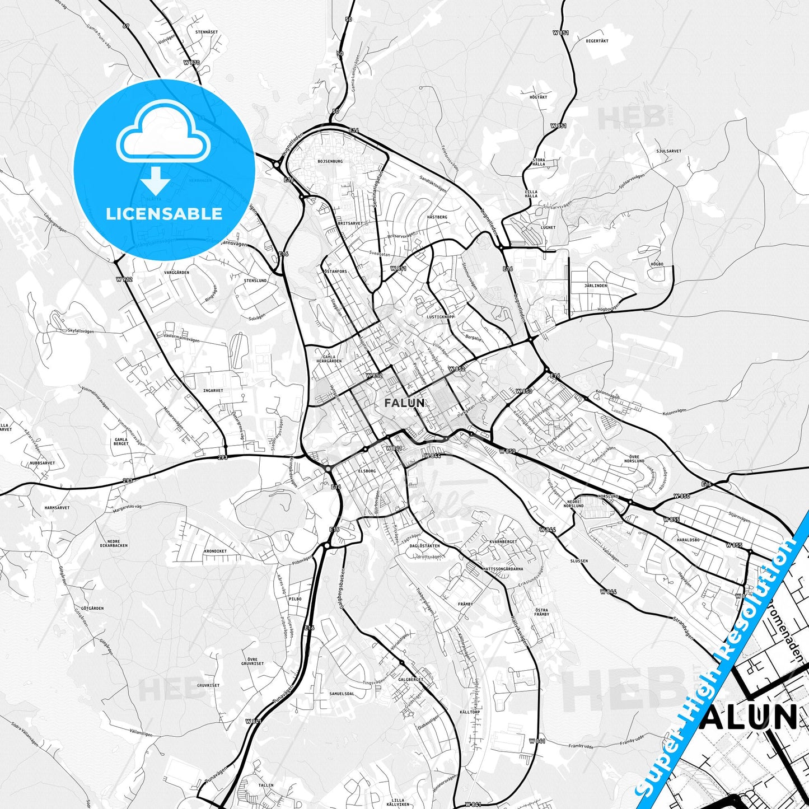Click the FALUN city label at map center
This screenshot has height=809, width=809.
[404, 403]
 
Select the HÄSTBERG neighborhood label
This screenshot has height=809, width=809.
[437, 217]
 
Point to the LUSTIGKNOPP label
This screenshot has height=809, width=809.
[441, 317]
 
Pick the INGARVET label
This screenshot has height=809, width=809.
[213, 391]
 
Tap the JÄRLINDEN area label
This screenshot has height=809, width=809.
[596, 286]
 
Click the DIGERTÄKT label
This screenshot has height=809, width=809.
[597, 41]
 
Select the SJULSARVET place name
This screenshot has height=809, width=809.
[669, 151]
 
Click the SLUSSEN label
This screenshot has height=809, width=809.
[579, 560]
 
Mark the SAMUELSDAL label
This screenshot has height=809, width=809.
[342, 694]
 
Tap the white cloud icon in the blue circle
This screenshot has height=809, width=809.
[163, 136]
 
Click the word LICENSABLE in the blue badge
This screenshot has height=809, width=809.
[164, 213]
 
